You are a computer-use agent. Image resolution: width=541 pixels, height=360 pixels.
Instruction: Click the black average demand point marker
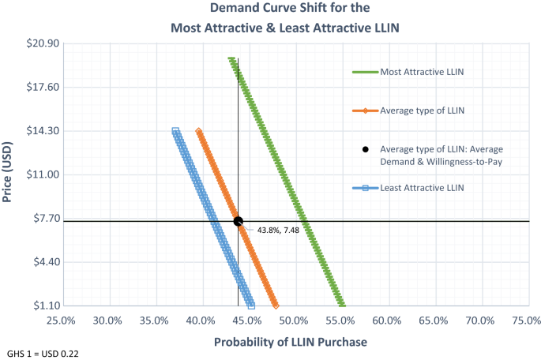238,222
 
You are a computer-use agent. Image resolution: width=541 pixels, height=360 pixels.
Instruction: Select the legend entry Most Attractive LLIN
421,72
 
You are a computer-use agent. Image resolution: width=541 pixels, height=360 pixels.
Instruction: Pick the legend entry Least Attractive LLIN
421,187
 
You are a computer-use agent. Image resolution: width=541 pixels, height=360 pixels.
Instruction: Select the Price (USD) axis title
9,174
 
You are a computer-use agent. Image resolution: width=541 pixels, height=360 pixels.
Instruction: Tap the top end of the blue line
175,132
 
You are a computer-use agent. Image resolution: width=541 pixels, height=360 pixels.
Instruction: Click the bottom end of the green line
341,304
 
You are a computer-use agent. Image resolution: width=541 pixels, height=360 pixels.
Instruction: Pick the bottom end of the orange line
275,305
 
